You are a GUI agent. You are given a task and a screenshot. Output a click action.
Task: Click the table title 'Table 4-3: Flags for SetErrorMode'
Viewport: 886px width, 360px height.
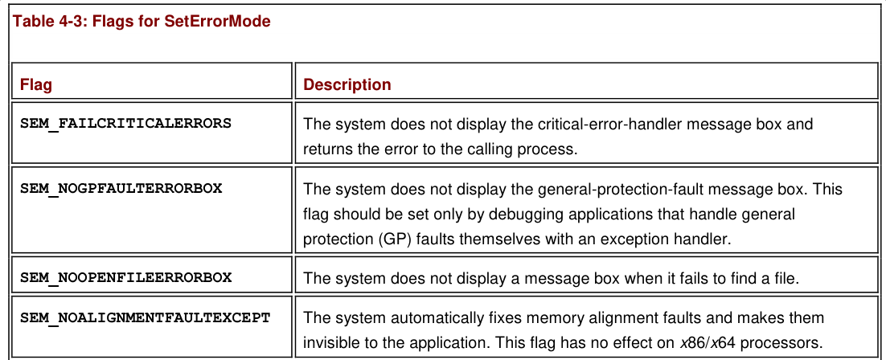[142, 22]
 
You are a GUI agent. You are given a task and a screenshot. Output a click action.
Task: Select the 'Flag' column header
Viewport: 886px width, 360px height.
[36, 84]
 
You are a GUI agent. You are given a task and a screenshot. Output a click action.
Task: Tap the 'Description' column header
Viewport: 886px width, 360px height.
[347, 84]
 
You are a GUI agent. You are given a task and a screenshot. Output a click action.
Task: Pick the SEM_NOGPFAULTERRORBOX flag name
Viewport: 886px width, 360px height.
[121, 188]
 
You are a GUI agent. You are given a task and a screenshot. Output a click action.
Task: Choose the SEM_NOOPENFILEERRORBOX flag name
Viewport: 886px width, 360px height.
[126, 277]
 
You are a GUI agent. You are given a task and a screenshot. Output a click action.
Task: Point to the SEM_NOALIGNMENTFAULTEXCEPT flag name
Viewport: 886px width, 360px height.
[146, 317]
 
